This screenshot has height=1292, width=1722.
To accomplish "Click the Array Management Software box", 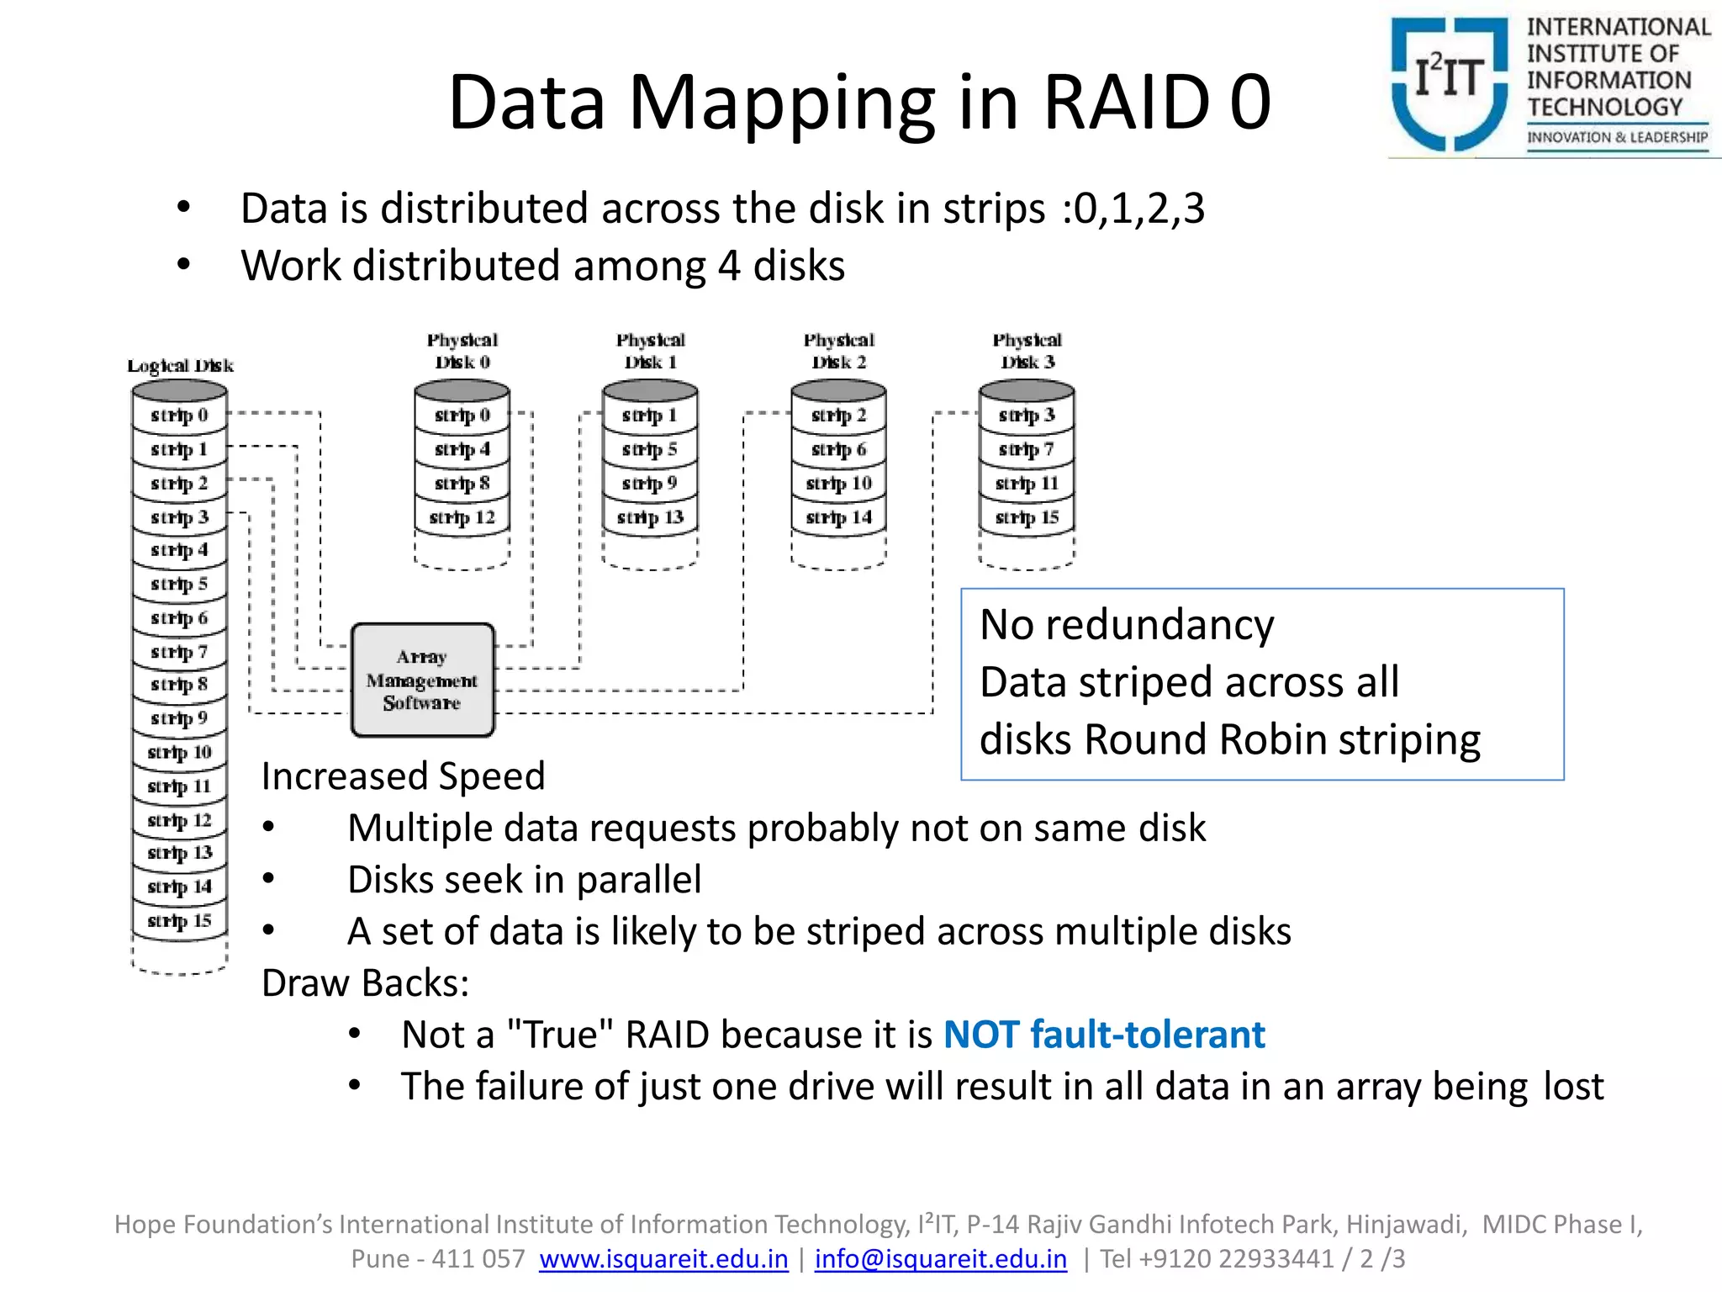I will coord(422,680).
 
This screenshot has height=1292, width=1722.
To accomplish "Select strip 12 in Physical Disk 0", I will coord(462,517).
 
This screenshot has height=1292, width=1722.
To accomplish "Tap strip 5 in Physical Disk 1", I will coord(649,450).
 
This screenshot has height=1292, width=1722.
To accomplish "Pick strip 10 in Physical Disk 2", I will coord(838,484).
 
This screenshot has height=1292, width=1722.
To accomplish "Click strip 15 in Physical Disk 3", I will coord(1027,517).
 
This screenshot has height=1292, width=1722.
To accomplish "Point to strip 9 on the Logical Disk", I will coord(179,718).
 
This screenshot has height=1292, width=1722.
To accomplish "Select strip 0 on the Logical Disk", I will coord(179,416).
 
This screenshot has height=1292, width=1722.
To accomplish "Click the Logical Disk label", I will coord(180,366).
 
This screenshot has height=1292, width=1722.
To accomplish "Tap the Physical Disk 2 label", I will coord(838,351).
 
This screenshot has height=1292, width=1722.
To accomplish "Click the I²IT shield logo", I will coord(1449,84).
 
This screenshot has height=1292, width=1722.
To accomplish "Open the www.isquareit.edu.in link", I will coord(663,1258).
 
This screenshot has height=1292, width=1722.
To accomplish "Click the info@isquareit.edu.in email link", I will coord(940,1258).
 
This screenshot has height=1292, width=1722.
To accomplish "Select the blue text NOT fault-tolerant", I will coord(1103,1035).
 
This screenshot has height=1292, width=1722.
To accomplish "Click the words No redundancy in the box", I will coord(1127,625).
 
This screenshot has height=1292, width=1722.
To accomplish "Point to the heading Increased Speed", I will coord(403,776).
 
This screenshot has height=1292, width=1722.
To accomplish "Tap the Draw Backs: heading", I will coord(365,982).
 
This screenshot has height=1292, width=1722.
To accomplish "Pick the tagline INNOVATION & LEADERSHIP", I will coord(1617,137).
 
